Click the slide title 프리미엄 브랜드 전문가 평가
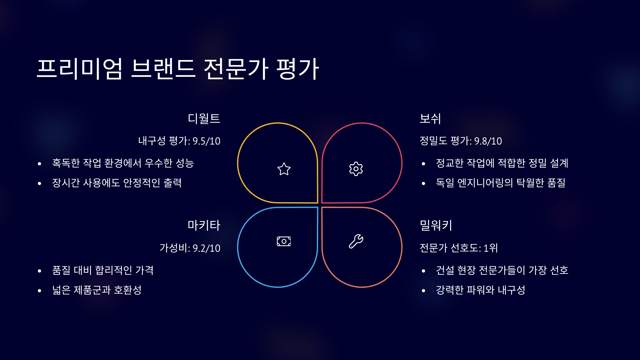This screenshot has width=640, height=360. click(x=178, y=69)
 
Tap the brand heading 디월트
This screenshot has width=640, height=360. click(x=204, y=119)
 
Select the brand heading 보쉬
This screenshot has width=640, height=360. click(x=430, y=119)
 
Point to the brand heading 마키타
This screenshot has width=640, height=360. click(x=204, y=226)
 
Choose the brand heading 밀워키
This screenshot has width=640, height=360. click(x=436, y=226)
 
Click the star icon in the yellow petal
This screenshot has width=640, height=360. click(x=284, y=169)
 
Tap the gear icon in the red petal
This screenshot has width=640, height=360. click(x=356, y=169)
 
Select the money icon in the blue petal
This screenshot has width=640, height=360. click(x=284, y=241)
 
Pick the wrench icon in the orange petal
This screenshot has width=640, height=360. click(x=356, y=241)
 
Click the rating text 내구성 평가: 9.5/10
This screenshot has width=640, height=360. click(x=179, y=141)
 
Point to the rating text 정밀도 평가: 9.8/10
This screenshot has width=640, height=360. click(x=461, y=141)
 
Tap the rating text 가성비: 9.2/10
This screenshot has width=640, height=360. click(x=190, y=248)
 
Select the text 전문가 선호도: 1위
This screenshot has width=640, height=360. click(x=459, y=248)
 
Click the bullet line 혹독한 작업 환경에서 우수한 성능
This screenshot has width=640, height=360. click(x=123, y=163)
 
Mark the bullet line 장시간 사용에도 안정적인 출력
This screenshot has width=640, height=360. click(x=117, y=183)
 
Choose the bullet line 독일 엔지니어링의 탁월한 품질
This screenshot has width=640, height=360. click(x=501, y=183)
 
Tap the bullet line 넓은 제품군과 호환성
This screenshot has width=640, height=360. click(x=97, y=290)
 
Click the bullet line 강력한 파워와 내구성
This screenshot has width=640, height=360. click(x=481, y=290)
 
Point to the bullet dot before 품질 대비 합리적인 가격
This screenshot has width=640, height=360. click(x=39, y=271)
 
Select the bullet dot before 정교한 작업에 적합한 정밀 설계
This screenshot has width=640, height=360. click(x=423, y=164)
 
